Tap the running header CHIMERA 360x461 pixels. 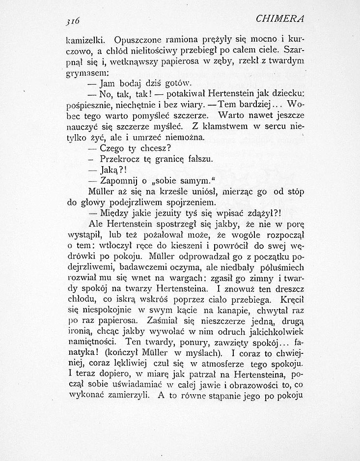pyautogui.click(x=280, y=19)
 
